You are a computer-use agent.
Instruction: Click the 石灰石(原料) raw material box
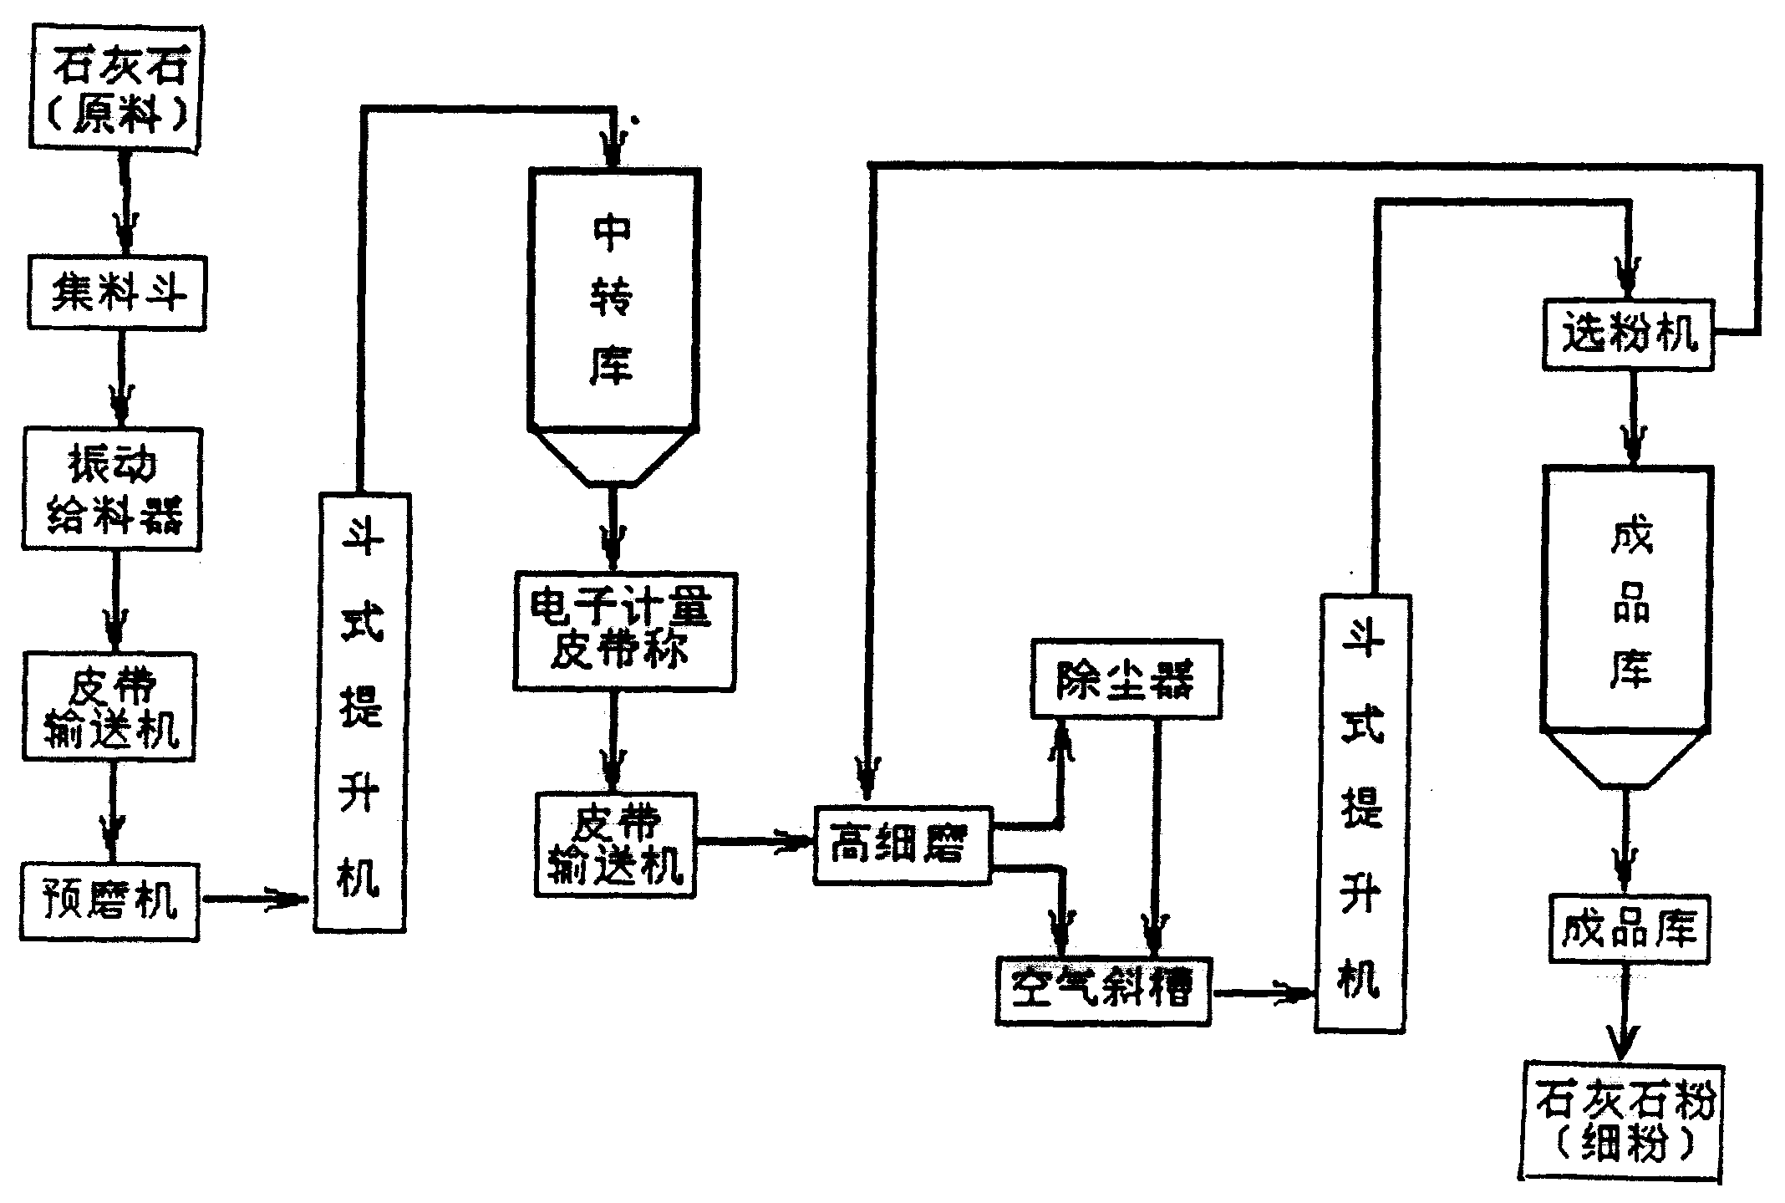point(116,88)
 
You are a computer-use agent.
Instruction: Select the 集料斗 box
point(116,293)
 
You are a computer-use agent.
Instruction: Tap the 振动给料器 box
point(112,490)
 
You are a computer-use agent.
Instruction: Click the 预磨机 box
point(109,902)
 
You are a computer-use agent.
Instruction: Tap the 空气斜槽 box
point(1103,991)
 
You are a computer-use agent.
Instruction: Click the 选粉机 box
point(1628,335)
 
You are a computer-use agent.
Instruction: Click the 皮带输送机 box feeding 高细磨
point(616,845)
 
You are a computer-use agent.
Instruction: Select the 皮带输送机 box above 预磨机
point(109,706)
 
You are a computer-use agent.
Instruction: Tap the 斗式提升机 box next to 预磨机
point(361,712)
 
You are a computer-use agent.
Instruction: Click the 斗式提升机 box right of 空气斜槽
point(1363,813)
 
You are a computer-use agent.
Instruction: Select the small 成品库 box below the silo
point(1629,929)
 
